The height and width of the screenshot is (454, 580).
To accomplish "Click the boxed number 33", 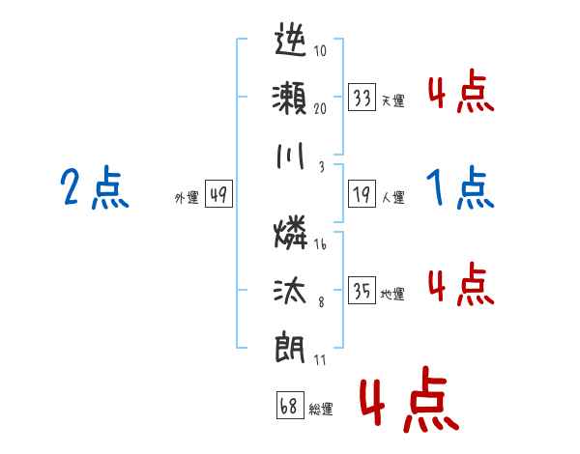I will (362, 98).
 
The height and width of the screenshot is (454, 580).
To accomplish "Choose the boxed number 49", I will (217, 195).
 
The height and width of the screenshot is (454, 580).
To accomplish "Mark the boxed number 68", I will (289, 407).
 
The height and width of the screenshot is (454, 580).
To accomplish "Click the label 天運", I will (393, 99).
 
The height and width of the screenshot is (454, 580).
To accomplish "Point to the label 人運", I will (393, 197).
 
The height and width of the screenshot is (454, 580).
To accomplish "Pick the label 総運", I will (321, 409).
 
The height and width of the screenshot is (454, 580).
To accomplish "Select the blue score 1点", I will (460, 187).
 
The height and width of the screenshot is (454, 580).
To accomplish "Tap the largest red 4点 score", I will (407, 402).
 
